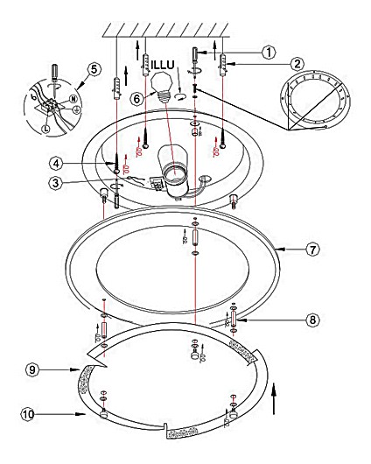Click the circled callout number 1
pyautogui.click(x=269, y=53)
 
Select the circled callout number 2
pyautogui.click(x=297, y=64)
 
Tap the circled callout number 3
pyautogui.click(x=56, y=183)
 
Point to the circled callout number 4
pyautogui.click(x=57, y=164)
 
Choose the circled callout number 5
pyautogui.click(x=94, y=70)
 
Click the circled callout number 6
pyautogui.click(x=136, y=99)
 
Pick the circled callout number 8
pyautogui.click(x=312, y=320)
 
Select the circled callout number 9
pyautogui.click(x=32, y=369)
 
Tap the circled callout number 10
pyautogui.click(x=28, y=414)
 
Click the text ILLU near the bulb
pyautogui.click(x=163, y=65)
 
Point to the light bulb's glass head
pyautogui.click(x=161, y=81)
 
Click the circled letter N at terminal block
pyautogui.click(x=73, y=99)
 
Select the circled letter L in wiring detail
pyautogui.click(x=45, y=129)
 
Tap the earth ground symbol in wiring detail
pyautogui.click(x=76, y=110)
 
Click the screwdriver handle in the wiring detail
pyautogui.click(x=55, y=70)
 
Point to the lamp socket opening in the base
pyautogui.click(x=173, y=175)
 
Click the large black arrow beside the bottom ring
pyautogui.click(x=274, y=399)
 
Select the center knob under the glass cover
pyautogui.click(x=195, y=355)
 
